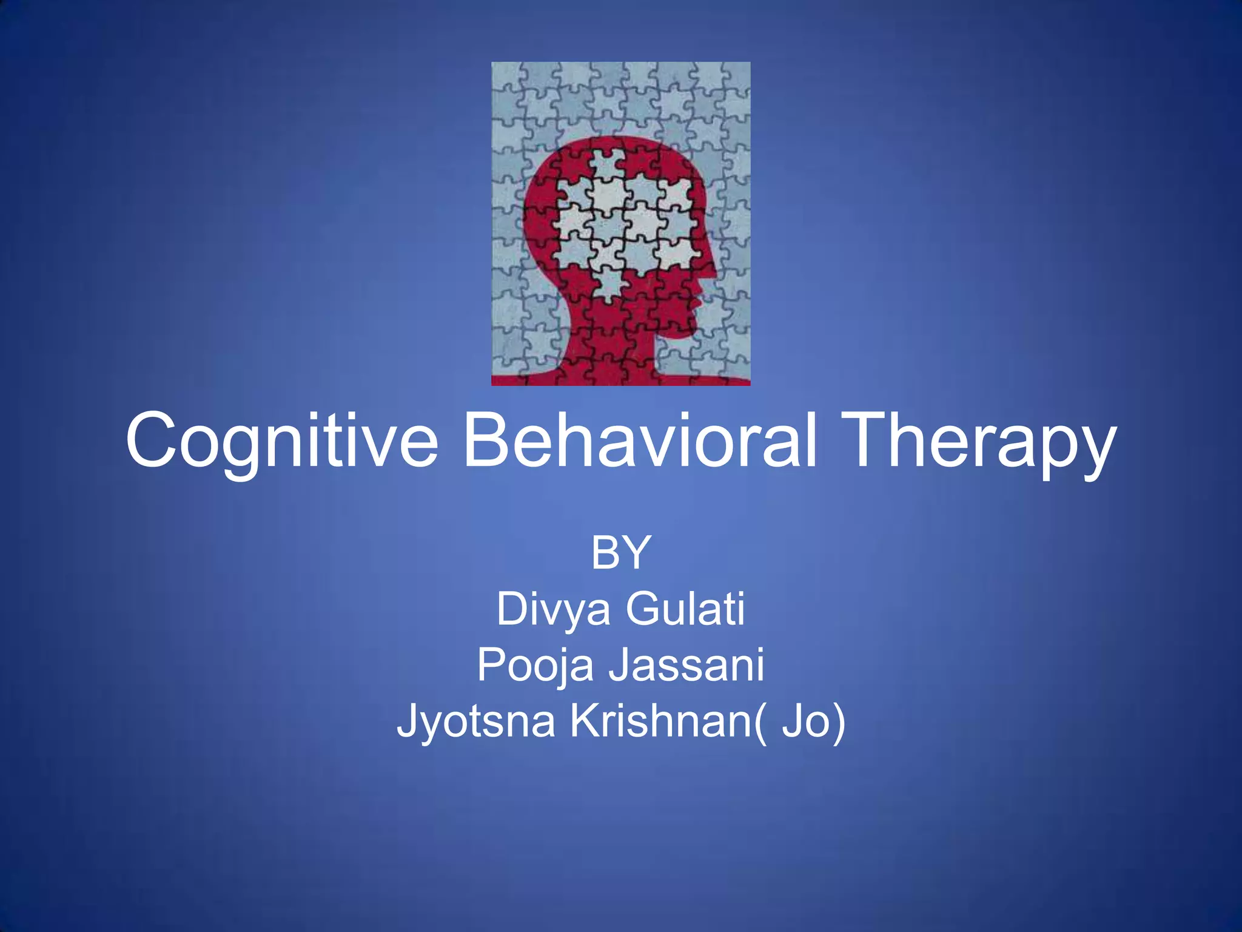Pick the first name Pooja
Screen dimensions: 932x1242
[535, 666]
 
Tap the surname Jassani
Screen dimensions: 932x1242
[686, 664]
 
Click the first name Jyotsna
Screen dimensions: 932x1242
[476, 722]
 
